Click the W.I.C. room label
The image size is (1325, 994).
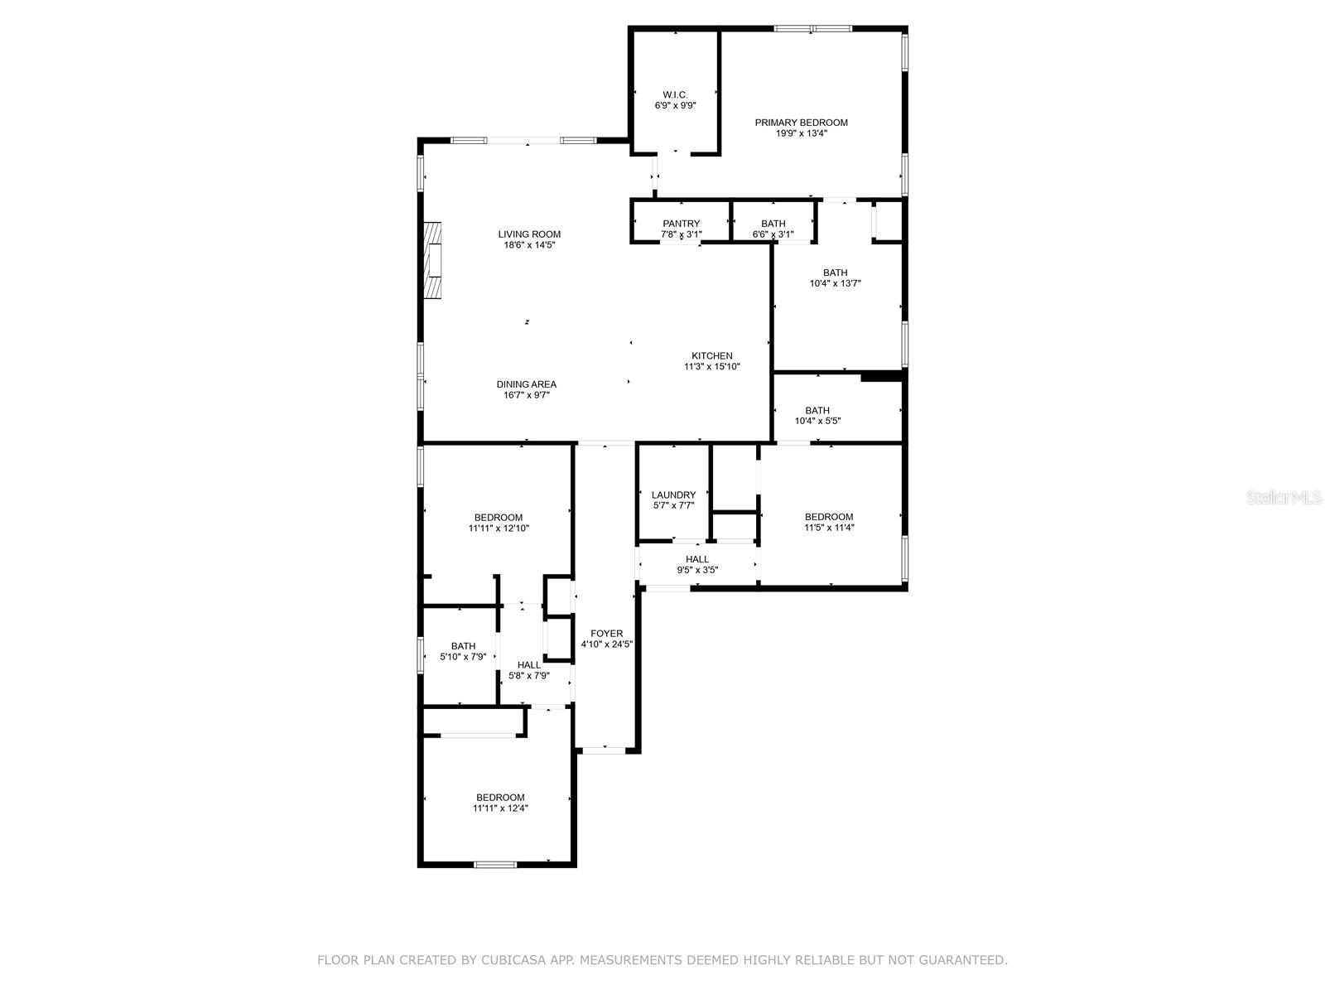point(675,95)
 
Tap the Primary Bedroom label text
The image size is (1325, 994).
point(801,123)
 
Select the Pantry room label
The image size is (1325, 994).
point(681,224)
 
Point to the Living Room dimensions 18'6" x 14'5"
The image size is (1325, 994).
point(529,245)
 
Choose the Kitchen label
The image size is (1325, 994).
point(711,356)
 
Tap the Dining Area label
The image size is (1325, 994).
point(526,384)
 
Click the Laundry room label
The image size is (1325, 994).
point(673,495)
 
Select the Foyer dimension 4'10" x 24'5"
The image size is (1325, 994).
point(606,644)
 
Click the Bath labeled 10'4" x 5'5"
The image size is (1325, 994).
point(817,416)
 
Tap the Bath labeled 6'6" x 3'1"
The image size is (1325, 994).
point(773,229)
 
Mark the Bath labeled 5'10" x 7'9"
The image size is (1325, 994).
point(463,652)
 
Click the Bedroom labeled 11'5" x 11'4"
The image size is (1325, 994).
point(828,522)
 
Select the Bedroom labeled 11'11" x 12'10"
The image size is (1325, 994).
point(499,523)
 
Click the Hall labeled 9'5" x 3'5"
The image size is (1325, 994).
point(696,564)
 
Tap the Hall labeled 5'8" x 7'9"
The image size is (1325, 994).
point(528,670)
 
